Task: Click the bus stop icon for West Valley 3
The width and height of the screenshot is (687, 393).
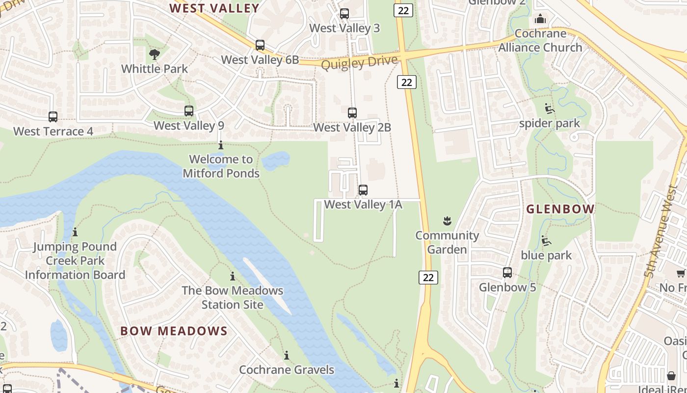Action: pyautogui.click(x=344, y=14)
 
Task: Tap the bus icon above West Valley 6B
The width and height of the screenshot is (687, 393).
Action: pyautogui.click(x=260, y=45)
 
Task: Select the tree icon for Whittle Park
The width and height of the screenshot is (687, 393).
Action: pyautogui.click(x=155, y=54)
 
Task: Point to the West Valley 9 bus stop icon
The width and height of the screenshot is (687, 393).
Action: pyautogui.click(x=189, y=111)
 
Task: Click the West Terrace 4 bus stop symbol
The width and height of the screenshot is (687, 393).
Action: pyautogui.click(x=53, y=117)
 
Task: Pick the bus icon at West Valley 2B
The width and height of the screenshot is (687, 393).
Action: pyautogui.click(x=352, y=113)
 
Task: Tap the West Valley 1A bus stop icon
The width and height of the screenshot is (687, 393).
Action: pyautogui.click(x=363, y=190)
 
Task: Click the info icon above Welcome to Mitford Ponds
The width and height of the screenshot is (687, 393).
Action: pyautogui.click(x=221, y=145)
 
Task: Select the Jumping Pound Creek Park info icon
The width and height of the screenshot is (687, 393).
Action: pyautogui.click(x=75, y=232)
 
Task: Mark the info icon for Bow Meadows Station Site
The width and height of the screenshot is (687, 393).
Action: pyautogui.click(x=233, y=276)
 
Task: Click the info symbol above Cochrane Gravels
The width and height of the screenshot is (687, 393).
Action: pyautogui.click(x=287, y=355)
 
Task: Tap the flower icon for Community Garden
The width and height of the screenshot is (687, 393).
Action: pyautogui.click(x=447, y=221)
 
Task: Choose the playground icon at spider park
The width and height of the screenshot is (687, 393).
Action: pyautogui.click(x=550, y=109)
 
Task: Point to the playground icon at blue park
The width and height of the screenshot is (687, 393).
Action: pyautogui.click(x=546, y=241)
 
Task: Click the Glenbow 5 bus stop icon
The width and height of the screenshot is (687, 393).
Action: pyautogui.click(x=507, y=273)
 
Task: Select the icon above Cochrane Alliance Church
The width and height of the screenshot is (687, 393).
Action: pyautogui.click(x=540, y=19)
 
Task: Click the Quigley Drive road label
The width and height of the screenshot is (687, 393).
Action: pyautogui.click(x=359, y=62)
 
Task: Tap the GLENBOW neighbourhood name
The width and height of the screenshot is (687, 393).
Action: pyautogui.click(x=560, y=209)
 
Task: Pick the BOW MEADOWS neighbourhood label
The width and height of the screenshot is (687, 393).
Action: pyautogui.click(x=174, y=331)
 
